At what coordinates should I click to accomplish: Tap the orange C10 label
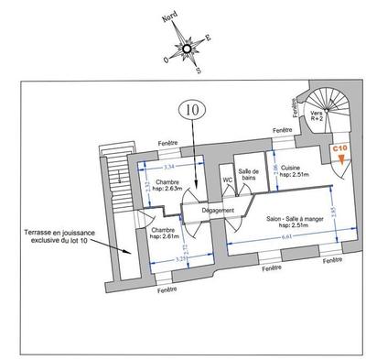(x=340, y=147)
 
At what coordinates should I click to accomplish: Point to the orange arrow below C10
(x=340, y=161)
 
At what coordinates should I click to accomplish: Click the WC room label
(x=229, y=180)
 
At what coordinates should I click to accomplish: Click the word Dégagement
(x=219, y=211)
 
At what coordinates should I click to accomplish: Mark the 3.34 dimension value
(x=167, y=168)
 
